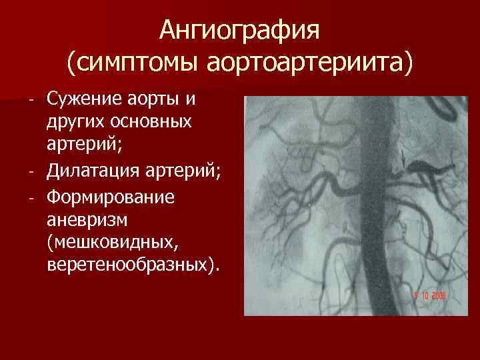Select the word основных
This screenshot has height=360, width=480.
(x=151, y=122)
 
